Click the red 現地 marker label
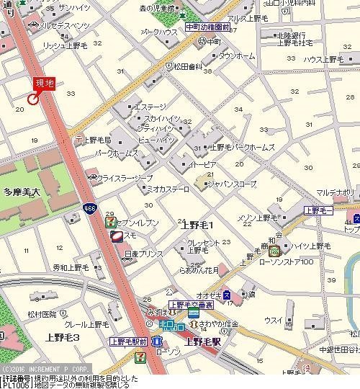click(44, 83)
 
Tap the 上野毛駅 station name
click(203, 343)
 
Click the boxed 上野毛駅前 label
click(128, 341)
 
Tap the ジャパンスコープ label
click(231, 184)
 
